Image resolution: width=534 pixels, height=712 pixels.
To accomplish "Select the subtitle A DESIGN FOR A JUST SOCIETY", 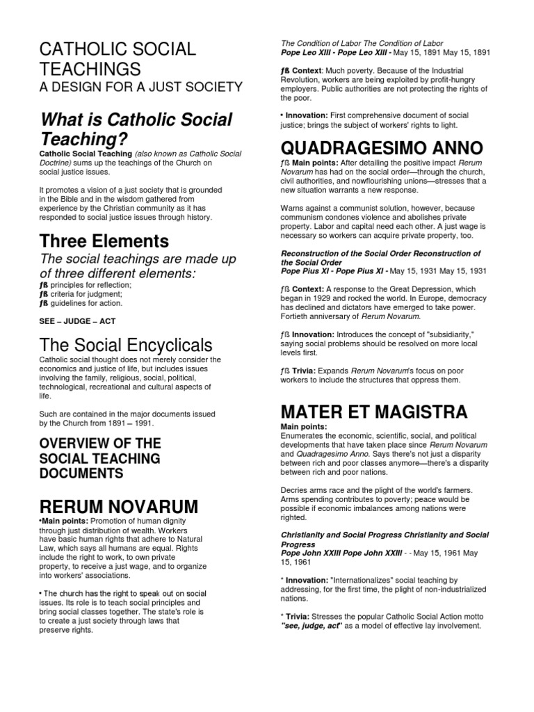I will coord(140,87).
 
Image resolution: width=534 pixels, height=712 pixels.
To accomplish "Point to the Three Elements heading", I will coord(104,241).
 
